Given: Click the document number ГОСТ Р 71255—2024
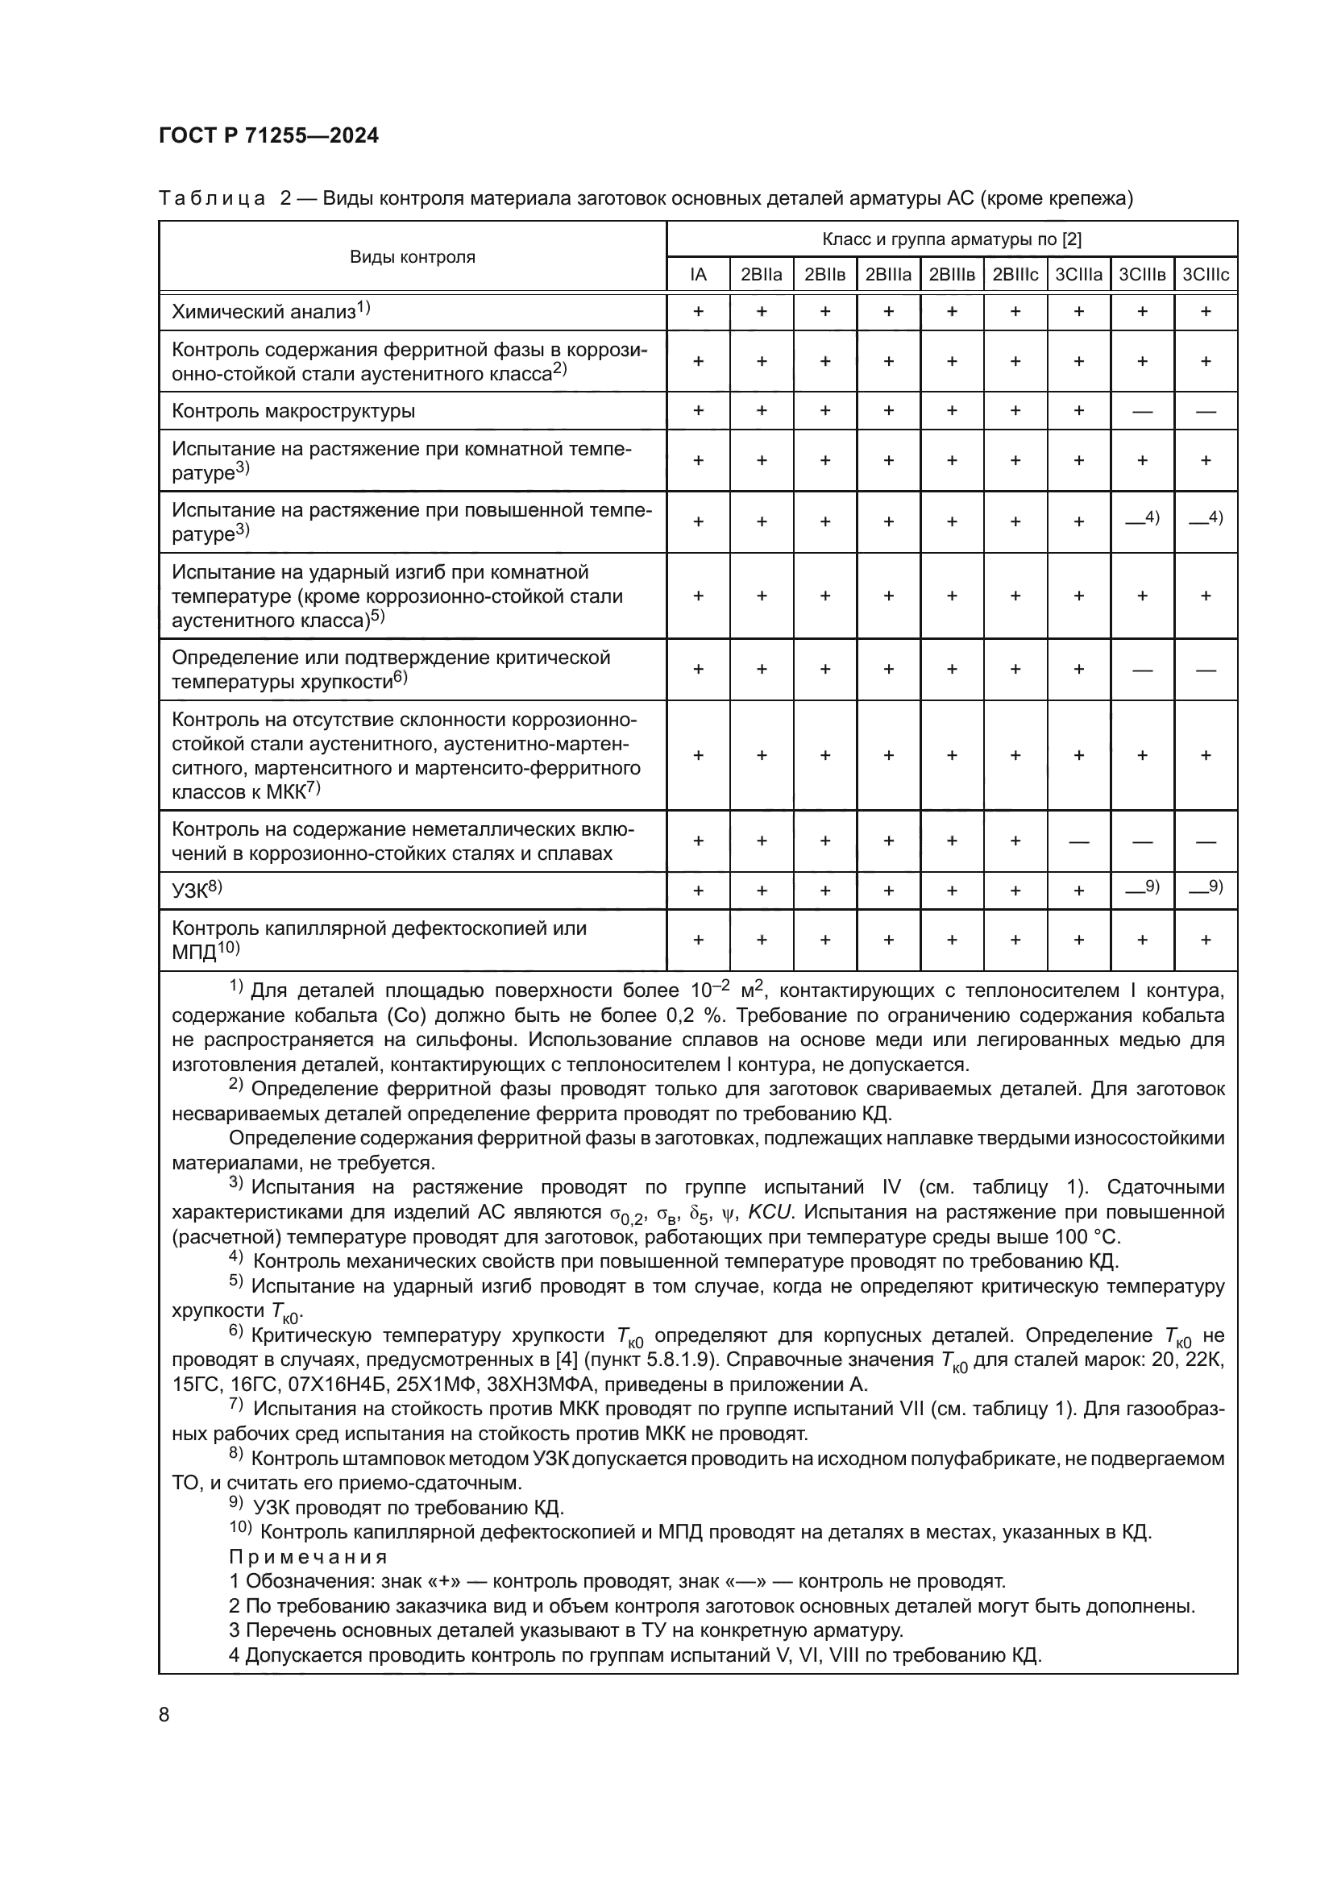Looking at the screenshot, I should [x=268, y=136].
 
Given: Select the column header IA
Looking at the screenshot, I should [x=698, y=275].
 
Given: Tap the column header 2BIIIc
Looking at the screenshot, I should [x=1015, y=275].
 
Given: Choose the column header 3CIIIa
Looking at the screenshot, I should [x=1078, y=275].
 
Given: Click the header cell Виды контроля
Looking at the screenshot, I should [x=412, y=257].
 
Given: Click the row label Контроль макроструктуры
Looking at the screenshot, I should [x=293, y=411].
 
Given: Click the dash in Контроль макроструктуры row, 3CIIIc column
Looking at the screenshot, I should [x=1205, y=411].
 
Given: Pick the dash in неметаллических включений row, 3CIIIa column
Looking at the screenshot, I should [x=1078, y=841].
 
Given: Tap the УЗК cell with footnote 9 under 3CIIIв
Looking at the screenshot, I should [x=1141, y=888].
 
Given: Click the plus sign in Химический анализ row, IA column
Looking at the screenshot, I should [x=699, y=312].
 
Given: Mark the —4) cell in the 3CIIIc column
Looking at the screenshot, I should [x=1205, y=519].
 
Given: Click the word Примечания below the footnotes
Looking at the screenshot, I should [x=308, y=1557].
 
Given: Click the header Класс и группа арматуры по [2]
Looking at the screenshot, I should [x=951, y=239].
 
